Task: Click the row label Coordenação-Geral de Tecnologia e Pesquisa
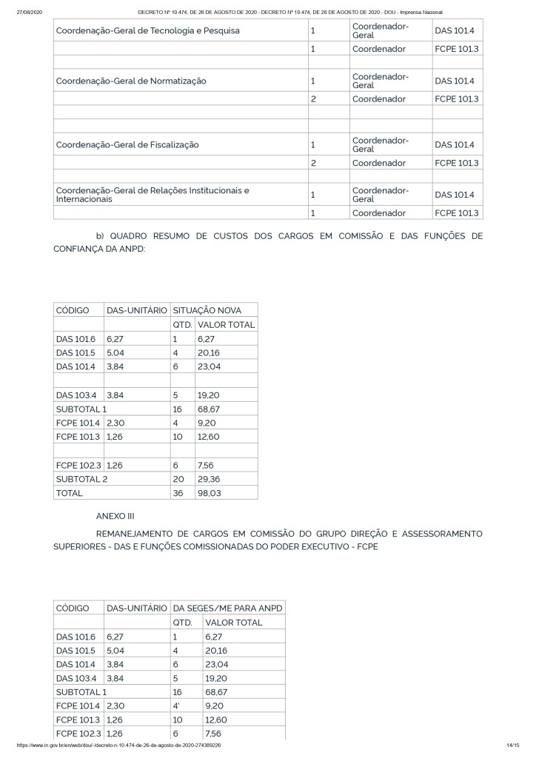click(x=148, y=31)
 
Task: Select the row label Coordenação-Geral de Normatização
click(x=131, y=81)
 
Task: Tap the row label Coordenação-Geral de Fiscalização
click(x=127, y=144)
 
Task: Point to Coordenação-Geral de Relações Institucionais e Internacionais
click(x=153, y=195)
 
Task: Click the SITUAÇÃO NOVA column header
click(x=207, y=309)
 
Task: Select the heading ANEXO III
click(x=115, y=515)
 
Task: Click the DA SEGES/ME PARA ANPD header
click(x=227, y=608)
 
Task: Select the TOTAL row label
click(x=70, y=492)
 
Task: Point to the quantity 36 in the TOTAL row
click(x=178, y=492)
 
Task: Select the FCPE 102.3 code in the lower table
click(x=78, y=732)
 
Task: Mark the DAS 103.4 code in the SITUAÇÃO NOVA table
click(x=76, y=395)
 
